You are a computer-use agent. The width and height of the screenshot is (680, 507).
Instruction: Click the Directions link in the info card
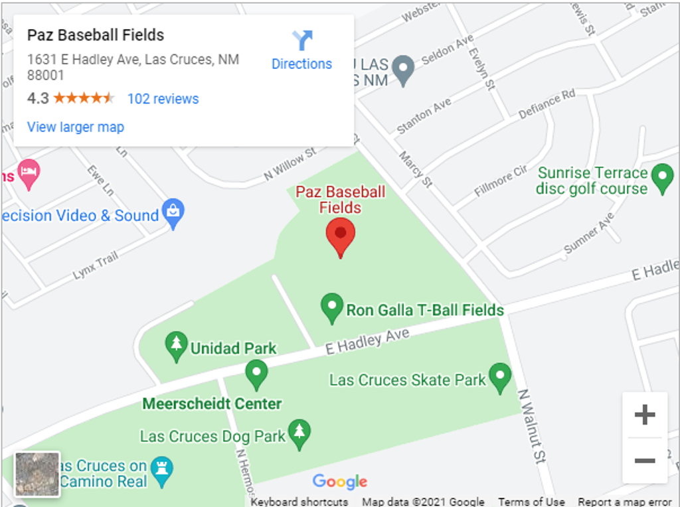(301, 50)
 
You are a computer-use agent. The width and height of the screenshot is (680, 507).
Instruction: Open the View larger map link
(75, 127)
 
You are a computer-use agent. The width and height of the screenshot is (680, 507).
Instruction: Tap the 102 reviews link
(163, 99)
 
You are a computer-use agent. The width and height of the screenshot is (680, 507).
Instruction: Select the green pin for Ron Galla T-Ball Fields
(331, 307)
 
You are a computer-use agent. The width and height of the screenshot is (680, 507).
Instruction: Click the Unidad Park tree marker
(176, 346)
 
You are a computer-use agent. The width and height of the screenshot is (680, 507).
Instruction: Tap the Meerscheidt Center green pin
(256, 374)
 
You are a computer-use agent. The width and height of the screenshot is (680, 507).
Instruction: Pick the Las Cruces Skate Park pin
(500, 377)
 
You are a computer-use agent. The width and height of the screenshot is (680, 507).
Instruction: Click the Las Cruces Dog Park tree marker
(299, 433)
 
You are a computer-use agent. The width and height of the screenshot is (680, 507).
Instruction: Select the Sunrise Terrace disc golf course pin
(662, 179)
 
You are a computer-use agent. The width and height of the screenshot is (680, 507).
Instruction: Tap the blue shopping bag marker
(173, 214)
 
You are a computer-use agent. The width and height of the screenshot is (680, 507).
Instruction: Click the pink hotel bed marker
(29, 174)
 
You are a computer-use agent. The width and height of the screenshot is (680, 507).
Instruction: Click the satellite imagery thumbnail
(37, 474)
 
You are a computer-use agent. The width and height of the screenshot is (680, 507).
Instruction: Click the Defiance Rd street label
(547, 104)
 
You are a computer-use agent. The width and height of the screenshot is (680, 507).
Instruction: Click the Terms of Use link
(531, 502)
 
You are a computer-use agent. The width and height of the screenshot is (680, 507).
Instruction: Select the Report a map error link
(625, 502)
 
